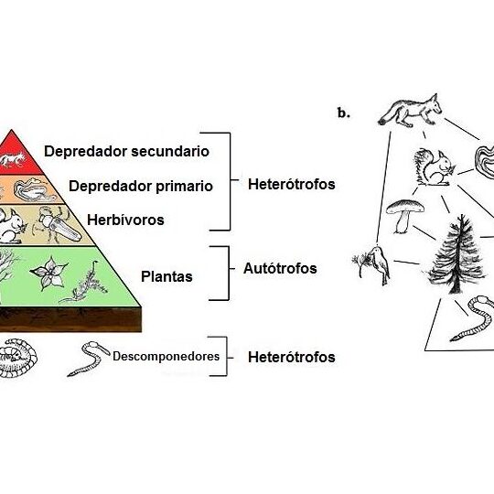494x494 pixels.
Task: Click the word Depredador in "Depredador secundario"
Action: (85, 152)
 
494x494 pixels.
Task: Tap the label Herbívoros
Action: (125, 220)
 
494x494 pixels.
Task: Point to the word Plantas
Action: (166, 276)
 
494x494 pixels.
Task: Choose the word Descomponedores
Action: (166, 357)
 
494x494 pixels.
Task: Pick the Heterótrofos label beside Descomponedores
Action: (292, 357)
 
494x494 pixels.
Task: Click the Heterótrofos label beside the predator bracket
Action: (292, 184)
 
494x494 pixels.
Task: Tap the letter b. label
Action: (343, 113)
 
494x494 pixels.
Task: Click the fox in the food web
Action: (410, 111)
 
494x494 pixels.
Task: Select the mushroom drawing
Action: (405, 216)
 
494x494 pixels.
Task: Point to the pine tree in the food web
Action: (456, 254)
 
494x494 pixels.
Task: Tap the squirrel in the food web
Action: (435, 168)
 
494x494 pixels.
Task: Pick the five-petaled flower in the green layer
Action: (49, 273)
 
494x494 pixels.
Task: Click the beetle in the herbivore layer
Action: (58, 225)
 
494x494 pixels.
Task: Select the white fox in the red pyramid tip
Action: (13, 160)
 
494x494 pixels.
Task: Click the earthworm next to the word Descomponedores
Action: (88, 359)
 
